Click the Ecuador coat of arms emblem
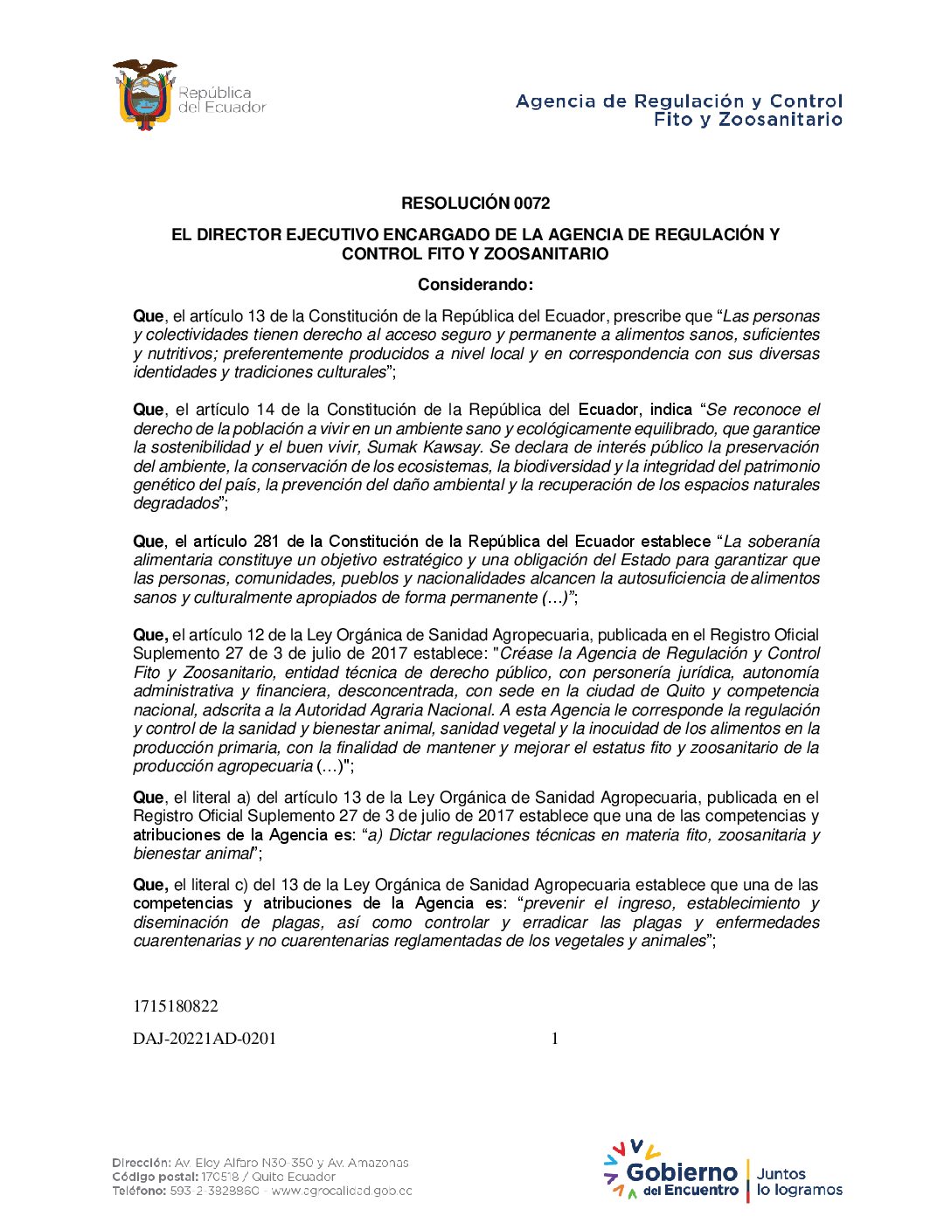click(x=144, y=95)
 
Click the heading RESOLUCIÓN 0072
click(x=475, y=204)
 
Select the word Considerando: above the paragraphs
click(x=475, y=285)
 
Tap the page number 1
click(x=554, y=1039)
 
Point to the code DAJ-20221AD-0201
click(x=205, y=1039)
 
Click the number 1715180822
click(x=176, y=1006)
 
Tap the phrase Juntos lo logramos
click(x=799, y=1182)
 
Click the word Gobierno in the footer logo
click(x=682, y=1172)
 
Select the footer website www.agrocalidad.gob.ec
click(x=342, y=1191)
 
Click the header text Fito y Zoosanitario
click(x=747, y=120)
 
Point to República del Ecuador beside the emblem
click(x=221, y=100)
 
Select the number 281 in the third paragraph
click(x=266, y=542)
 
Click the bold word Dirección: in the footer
click(x=142, y=1163)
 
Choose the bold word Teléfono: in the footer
click(x=139, y=1191)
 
